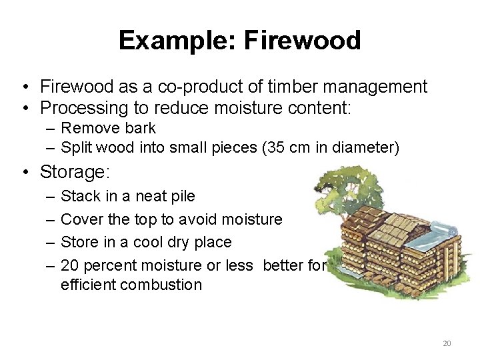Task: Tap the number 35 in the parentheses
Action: (275, 147)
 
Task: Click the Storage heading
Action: (75, 172)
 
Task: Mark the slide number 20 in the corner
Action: (447, 343)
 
